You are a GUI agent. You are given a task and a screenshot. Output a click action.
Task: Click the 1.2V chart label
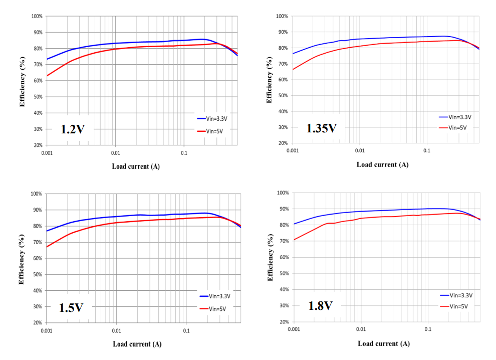tap(71, 129)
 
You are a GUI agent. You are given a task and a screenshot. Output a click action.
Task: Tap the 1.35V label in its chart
tap(321, 128)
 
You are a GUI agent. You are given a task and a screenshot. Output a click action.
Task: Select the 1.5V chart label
tap(71, 307)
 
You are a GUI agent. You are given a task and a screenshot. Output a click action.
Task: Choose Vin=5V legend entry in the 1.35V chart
tap(456, 127)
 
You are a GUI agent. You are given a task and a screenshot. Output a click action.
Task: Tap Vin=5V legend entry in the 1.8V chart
tap(458, 306)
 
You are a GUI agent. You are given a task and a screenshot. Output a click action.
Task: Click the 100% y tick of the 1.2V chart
tap(37, 17)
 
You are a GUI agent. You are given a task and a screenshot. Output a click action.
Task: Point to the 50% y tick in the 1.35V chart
tap(282, 96)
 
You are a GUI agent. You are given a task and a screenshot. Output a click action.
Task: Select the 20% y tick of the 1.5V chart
tap(37, 323)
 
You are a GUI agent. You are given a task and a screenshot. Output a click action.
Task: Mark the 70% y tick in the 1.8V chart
tap(283, 241)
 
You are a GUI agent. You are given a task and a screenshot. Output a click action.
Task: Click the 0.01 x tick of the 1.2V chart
tap(116, 153)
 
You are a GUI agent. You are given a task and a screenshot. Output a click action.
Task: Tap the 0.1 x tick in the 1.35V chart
tap(426, 150)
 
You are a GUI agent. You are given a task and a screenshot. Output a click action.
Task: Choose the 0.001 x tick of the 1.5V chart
tap(47, 331)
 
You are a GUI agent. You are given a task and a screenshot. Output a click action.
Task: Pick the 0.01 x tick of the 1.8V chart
tap(361, 329)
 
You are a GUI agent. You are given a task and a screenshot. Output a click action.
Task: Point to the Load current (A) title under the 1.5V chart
tap(137, 344)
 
